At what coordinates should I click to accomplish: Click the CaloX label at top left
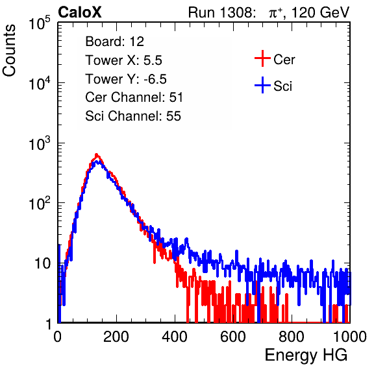[79, 12]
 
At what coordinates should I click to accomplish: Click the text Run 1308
[220, 12]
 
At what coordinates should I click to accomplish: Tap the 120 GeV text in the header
[320, 12]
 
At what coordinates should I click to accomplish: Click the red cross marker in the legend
[262, 58]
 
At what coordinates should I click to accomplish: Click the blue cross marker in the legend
[262, 85]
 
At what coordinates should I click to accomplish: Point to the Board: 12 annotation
[114, 42]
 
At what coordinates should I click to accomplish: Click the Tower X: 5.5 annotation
[123, 60]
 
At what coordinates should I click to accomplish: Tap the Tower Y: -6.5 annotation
[126, 79]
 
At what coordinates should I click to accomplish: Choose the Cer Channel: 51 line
[134, 97]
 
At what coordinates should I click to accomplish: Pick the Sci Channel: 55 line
[133, 116]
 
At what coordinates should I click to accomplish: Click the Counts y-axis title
[9, 51]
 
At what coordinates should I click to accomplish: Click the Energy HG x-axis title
[306, 355]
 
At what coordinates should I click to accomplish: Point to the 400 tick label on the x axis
[175, 337]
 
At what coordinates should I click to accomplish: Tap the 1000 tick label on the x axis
[349, 337]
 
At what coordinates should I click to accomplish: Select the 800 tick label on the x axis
[292, 337]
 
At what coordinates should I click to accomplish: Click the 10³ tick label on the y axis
[40, 143]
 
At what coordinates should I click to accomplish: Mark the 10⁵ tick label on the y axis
[40, 23]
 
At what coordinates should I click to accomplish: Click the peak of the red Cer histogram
[97, 154]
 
